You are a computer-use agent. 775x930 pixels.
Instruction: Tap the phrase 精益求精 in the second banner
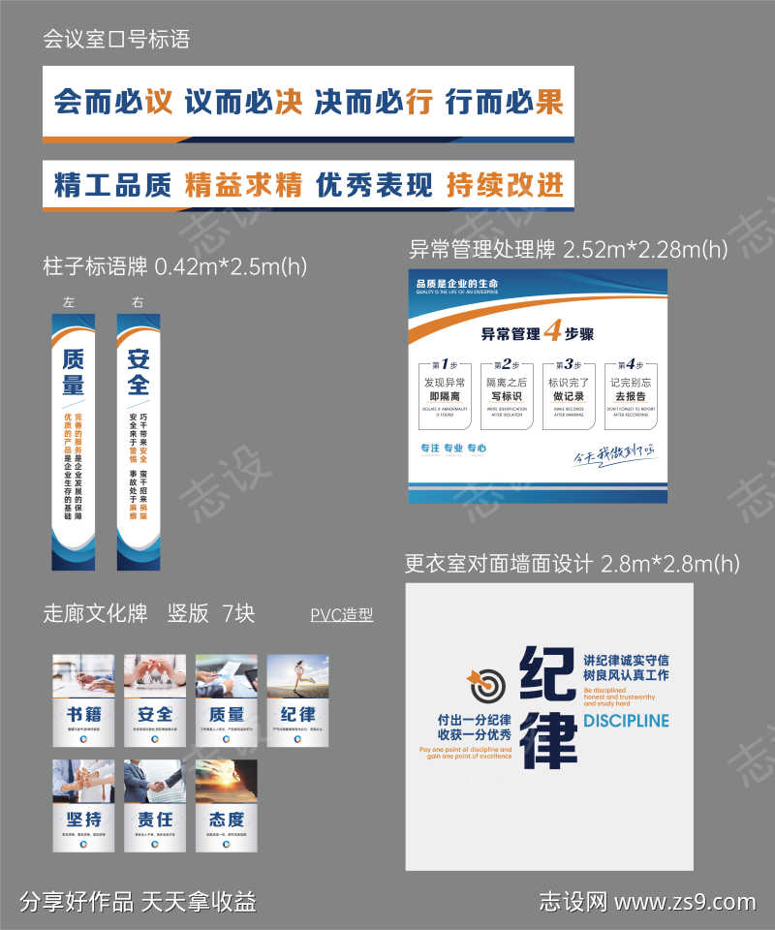tap(243, 184)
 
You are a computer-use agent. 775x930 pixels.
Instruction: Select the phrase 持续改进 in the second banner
tap(504, 184)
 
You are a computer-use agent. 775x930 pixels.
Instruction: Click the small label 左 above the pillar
tap(68, 302)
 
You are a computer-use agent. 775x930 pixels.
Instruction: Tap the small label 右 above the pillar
tap(138, 302)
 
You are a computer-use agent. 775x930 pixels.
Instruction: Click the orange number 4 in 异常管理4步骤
tap(552, 332)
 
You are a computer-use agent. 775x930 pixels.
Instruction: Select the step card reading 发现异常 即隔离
tap(446, 392)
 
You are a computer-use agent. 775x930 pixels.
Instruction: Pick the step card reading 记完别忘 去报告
tap(630, 392)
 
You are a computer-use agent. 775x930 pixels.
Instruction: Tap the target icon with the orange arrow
tap(487, 684)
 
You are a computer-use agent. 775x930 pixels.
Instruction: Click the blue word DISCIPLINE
tap(626, 721)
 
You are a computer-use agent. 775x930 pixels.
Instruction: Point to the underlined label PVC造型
tap(342, 615)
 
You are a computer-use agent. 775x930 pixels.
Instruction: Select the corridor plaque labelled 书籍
tap(83, 699)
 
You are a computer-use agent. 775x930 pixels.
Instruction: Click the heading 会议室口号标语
tap(116, 40)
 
